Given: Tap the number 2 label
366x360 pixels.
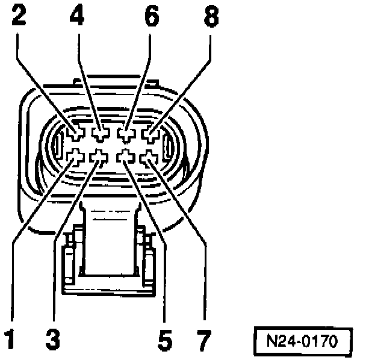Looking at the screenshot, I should pyautogui.click(x=19, y=16).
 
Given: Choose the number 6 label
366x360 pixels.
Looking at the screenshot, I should pyautogui.click(x=151, y=16).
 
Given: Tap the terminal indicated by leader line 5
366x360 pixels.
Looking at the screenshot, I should pyautogui.click(x=125, y=157).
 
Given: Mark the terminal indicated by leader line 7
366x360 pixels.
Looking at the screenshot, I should pyautogui.click(x=148, y=158).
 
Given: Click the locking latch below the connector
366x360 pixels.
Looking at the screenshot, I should pyautogui.click(x=109, y=253).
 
